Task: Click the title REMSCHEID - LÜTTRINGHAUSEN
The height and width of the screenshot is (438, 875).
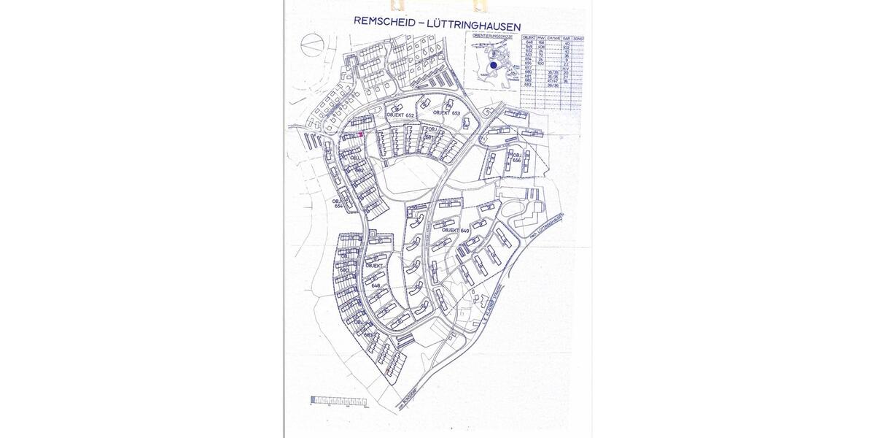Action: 437,21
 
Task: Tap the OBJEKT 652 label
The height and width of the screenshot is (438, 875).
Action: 400,115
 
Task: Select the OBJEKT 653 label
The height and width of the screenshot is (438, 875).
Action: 446,113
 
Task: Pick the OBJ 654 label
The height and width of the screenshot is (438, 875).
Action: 337,204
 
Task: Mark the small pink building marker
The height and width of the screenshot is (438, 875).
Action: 362,134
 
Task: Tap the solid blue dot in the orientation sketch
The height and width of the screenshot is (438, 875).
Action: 494,64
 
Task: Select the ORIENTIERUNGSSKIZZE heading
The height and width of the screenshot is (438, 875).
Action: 493,34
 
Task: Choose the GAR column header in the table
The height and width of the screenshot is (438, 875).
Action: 566,36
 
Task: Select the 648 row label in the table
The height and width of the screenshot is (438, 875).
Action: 529,43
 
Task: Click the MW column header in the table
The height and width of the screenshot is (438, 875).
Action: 541,36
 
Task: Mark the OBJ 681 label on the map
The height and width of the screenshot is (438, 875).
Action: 430,133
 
